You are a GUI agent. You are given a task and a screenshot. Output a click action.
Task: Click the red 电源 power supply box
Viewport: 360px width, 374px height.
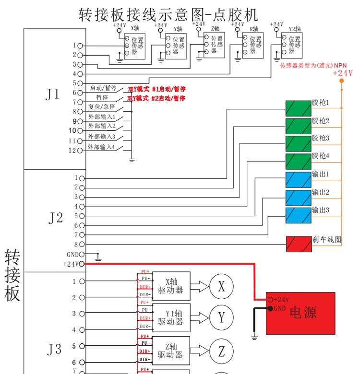click(300, 313)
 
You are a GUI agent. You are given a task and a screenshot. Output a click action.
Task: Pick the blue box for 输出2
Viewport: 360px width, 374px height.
click(298, 198)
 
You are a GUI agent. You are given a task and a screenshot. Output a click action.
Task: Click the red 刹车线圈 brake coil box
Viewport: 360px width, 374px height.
click(298, 244)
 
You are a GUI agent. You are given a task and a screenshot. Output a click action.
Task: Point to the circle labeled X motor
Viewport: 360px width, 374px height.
click(221, 287)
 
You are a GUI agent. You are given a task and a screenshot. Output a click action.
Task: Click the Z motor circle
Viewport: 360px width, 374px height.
click(221, 351)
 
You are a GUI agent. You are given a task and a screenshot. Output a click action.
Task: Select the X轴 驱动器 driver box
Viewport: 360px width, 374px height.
click(171, 286)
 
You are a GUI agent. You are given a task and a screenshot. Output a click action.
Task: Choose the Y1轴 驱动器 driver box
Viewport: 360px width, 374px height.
click(171, 317)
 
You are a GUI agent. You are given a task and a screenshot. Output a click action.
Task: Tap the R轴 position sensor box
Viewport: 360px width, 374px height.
click(252, 46)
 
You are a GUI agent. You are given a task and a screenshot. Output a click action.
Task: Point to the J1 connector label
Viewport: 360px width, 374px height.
click(53, 94)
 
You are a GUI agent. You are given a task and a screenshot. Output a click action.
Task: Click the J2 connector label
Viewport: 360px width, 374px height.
click(56, 218)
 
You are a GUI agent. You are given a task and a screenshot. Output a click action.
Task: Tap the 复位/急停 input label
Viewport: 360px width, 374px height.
click(102, 107)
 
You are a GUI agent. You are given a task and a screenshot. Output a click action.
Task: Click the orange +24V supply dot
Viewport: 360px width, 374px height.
click(342, 81)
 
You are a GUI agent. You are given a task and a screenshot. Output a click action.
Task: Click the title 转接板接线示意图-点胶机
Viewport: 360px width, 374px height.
click(168, 14)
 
